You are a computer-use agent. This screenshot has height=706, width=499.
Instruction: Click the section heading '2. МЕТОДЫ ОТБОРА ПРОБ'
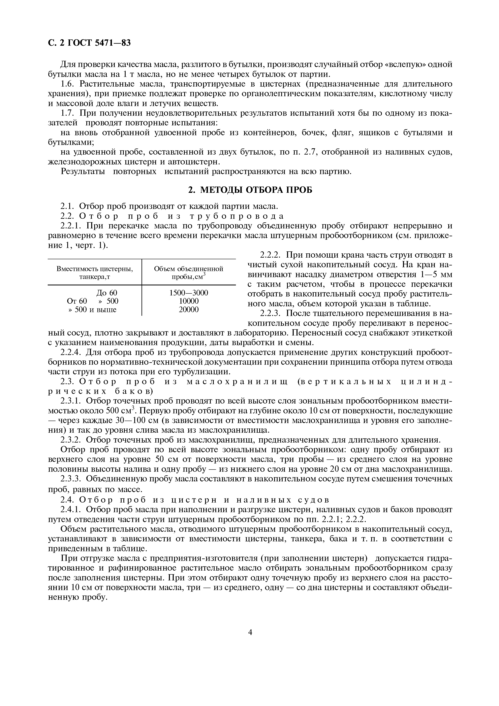(250, 190)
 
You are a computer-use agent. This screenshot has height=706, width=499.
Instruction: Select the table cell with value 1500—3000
(188, 292)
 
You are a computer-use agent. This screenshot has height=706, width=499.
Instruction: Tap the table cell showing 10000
(188, 301)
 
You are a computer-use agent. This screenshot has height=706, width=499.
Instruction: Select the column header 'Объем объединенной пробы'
(188, 273)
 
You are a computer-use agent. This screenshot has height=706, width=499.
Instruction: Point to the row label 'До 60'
(107, 292)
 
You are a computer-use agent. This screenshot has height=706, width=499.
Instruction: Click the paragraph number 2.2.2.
(271, 255)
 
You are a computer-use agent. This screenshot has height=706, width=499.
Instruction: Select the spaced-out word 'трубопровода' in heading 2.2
(237, 216)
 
